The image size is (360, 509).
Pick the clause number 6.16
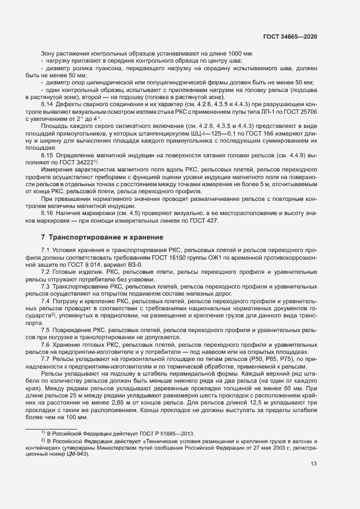pyautogui.click(x=48, y=212)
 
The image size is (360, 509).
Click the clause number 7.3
pyautogui.click(x=46, y=286)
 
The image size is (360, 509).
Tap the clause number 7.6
pyautogui.click(x=46, y=346)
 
